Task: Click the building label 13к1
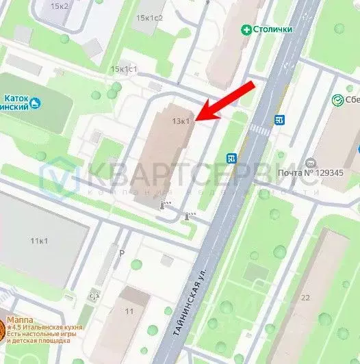coord(181,121)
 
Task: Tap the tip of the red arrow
coord(197,120)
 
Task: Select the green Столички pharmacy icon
coord(246,29)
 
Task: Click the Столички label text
coord(274,29)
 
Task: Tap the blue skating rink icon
coord(36,103)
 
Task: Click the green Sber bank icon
coord(337,101)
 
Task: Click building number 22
coord(305,297)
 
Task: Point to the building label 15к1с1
coord(125,69)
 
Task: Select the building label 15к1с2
coord(149,17)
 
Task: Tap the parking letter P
coord(122,252)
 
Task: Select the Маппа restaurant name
coord(19,320)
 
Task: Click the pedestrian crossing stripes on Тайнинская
coord(259,129)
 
